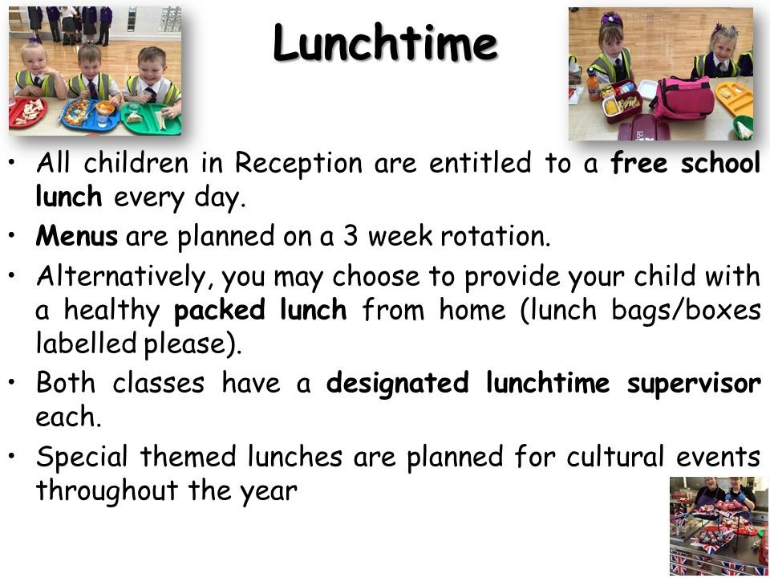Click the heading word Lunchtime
pos(385,43)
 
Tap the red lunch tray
pos(26,112)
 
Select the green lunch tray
pos(151,119)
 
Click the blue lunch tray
pos(89,116)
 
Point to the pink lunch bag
pos(683,98)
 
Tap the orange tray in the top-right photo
pos(734,98)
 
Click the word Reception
pos(298,164)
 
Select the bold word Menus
pos(77,236)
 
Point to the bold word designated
pos(397,384)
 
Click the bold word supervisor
pos(694,385)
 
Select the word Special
pos(82,457)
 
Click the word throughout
pos(107,490)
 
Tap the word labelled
pos(86,343)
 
